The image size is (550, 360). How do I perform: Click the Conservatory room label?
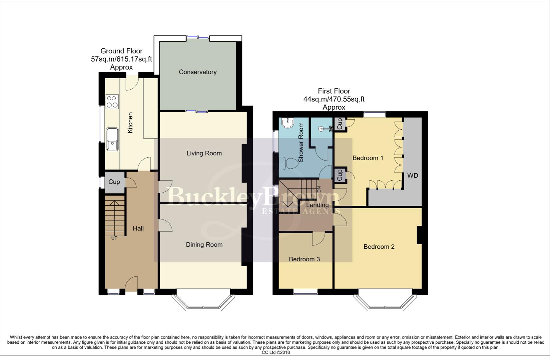tap(197, 72)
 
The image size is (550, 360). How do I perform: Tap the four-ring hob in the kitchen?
tap(112, 102)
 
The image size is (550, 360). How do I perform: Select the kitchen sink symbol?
tap(112, 139)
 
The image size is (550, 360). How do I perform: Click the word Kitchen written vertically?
tap(130, 123)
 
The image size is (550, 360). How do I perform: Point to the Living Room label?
tap(204, 153)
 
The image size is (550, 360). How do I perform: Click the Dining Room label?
tap(204, 245)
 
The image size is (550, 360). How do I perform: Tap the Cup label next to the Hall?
tap(114, 182)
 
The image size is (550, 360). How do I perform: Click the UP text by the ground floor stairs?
tap(114, 238)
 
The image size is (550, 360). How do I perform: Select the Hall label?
tap(138, 228)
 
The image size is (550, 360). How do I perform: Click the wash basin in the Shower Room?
tap(287, 123)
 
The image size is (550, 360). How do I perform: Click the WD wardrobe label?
tap(413, 176)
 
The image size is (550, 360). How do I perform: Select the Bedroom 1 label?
tap(368, 158)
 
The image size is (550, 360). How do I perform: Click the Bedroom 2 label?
tap(379, 247)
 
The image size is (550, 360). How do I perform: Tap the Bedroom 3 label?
tap(304, 259)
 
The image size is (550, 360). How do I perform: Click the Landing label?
tap(318, 205)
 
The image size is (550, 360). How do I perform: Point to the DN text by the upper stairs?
tap(318, 189)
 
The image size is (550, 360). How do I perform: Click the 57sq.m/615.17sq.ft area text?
tap(121, 59)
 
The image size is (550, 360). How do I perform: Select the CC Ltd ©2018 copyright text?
tap(276, 352)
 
